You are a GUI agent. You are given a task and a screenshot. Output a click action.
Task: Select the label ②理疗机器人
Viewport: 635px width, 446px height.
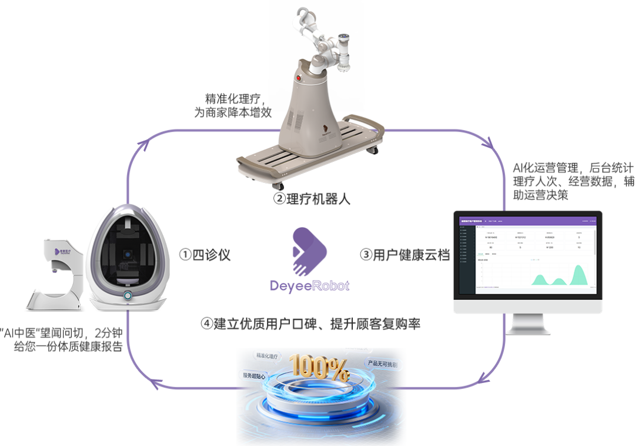point(312,199)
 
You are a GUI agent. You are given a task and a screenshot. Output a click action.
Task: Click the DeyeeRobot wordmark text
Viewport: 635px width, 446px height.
point(310,286)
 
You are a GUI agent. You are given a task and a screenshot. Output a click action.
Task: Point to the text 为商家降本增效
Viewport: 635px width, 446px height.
point(233,112)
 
